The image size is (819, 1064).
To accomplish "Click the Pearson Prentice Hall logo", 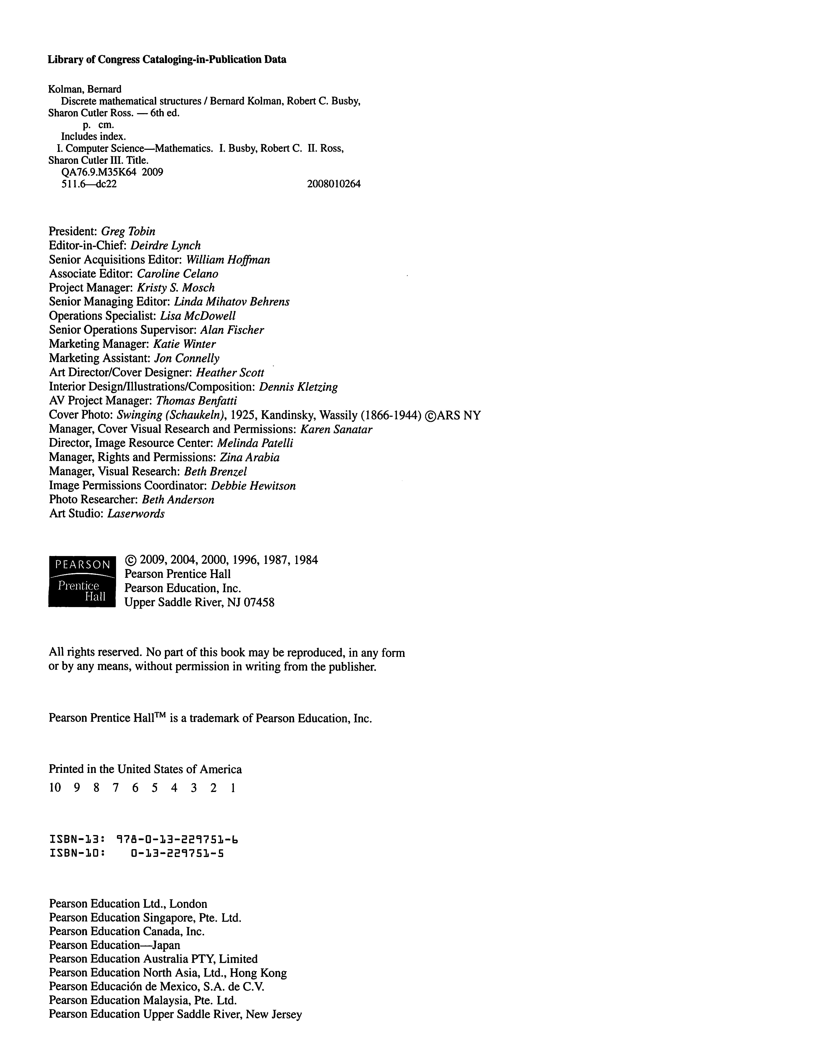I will (82, 581).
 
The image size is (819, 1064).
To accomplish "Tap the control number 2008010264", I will (334, 184).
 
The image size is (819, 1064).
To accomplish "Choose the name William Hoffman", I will (228, 260).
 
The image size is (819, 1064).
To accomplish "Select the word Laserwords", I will (136, 513).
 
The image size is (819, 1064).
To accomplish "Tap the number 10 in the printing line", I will (55, 788).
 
